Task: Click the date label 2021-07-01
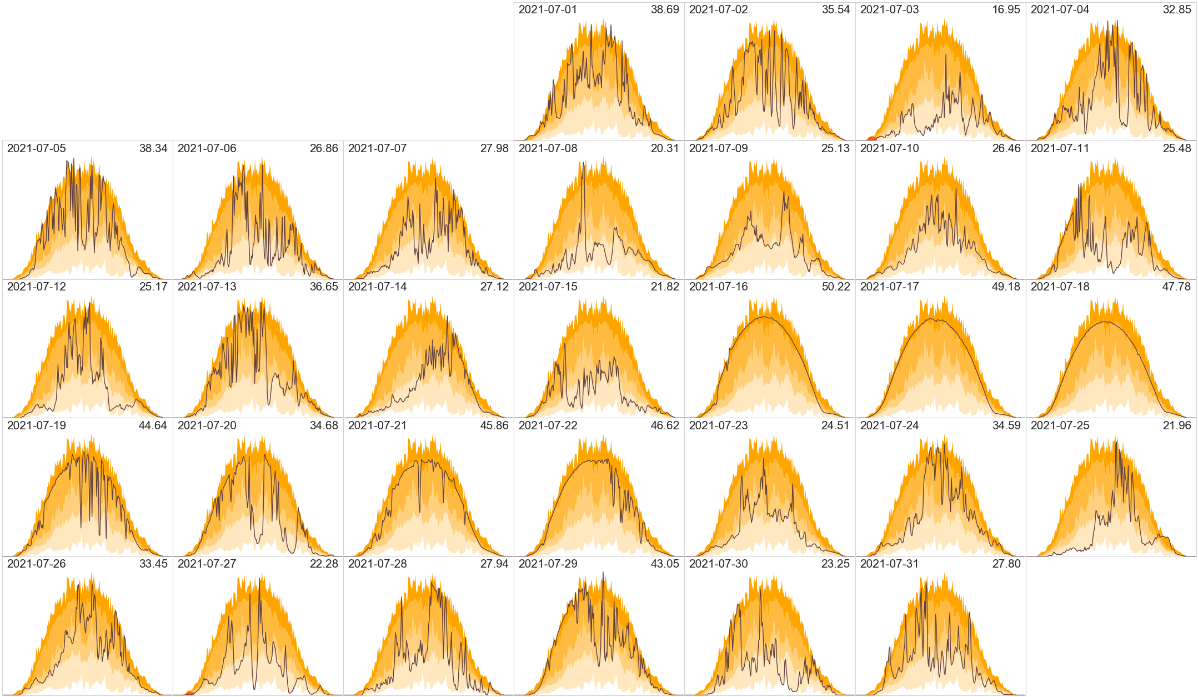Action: coord(548,10)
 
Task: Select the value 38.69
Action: coord(665,10)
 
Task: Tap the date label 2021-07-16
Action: coord(718,287)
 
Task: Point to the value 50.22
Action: coord(835,287)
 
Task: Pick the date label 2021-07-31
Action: coord(889,564)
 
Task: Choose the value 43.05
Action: coord(665,564)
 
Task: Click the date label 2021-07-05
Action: coord(36,149)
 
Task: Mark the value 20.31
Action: coord(665,149)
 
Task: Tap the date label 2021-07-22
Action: coord(548,426)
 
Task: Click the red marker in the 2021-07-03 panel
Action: coord(872,138)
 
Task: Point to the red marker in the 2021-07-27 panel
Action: coord(190,693)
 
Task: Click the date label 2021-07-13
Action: coord(207,287)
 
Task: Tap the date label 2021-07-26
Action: coord(36,564)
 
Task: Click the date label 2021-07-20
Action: coord(207,426)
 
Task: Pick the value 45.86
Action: coord(494,426)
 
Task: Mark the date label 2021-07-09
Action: coord(718,149)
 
